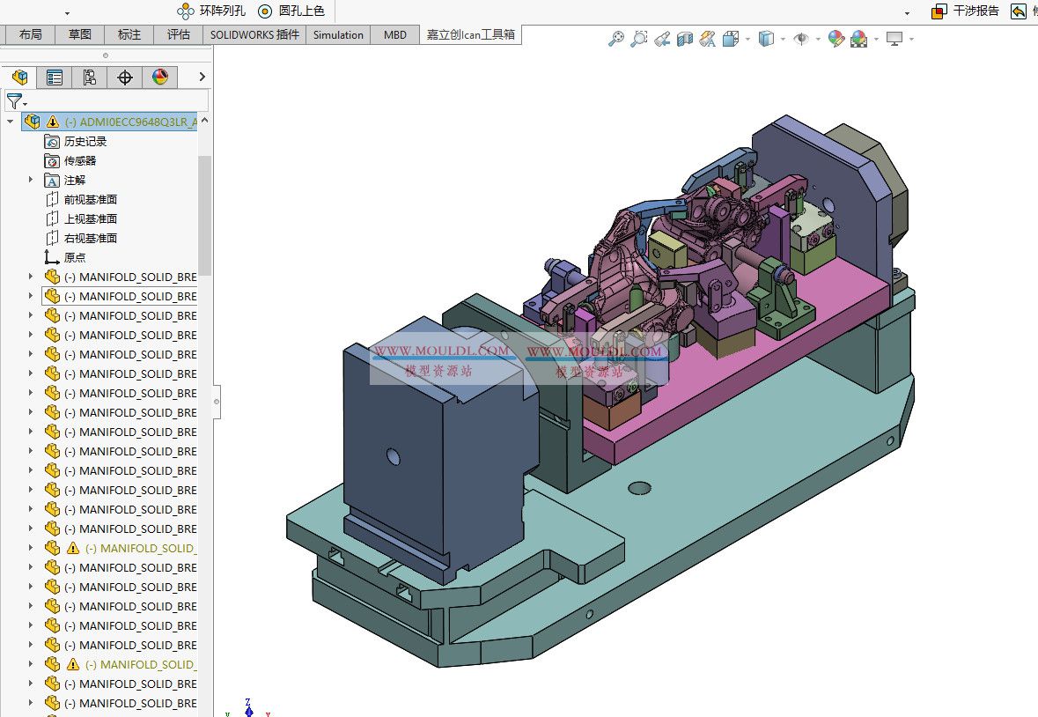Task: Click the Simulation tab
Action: click(x=338, y=35)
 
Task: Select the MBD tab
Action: click(x=395, y=35)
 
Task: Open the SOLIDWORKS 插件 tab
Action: click(x=254, y=35)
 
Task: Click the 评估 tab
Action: click(x=179, y=35)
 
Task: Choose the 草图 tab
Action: click(x=80, y=35)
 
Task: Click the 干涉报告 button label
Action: click(x=975, y=11)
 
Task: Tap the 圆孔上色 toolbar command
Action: click(x=291, y=11)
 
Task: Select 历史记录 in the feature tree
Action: click(x=85, y=141)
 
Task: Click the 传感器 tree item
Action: click(x=80, y=160)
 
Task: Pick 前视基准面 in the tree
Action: click(x=91, y=199)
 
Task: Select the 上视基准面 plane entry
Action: click(x=91, y=218)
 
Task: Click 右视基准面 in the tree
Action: click(x=91, y=238)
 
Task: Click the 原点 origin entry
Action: click(x=75, y=257)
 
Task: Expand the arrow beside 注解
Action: click(x=31, y=180)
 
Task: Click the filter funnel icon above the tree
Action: click(x=14, y=100)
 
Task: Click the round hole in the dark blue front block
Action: click(x=393, y=456)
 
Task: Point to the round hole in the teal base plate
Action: click(x=639, y=487)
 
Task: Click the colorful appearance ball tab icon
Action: click(x=159, y=78)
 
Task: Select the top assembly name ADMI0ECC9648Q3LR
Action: click(x=131, y=122)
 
